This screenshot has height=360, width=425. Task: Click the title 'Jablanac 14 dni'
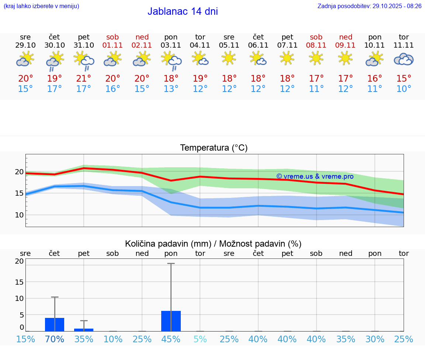[183, 11]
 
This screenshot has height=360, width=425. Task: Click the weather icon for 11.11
[404, 59]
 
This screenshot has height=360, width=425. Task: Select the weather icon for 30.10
[55, 61]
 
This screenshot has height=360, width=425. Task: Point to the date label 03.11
[171, 45]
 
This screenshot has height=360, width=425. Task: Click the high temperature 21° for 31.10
[84, 79]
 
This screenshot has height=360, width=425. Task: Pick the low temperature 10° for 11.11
[404, 89]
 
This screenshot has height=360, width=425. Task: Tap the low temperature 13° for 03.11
[171, 89]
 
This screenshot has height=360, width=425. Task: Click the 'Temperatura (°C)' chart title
[214, 148]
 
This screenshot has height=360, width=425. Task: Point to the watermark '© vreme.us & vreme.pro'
[315, 176]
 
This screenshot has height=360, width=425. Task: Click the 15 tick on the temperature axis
[19, 193]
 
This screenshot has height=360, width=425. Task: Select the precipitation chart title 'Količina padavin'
[213, 244]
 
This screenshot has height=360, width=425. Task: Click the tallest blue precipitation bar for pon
[171, 321]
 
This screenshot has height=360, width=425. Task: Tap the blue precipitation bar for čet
[55, 325]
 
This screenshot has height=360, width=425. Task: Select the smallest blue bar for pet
[84, 330]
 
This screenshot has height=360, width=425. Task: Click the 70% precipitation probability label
[55, 339]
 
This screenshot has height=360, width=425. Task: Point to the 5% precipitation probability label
[200, 339]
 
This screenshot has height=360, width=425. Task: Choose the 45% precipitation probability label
[171, 339]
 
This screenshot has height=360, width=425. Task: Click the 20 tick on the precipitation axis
[19, 261]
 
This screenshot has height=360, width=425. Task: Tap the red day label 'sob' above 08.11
[316, 37]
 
